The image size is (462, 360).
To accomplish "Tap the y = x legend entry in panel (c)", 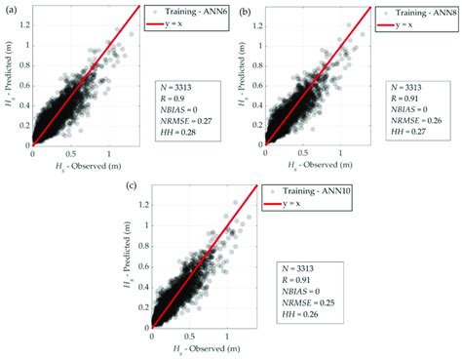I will point(295,201).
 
